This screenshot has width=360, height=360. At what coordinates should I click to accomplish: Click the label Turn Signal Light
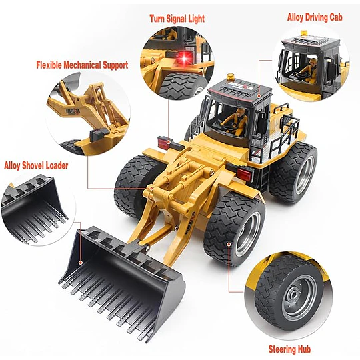pyautogui.click(x=177, y=19)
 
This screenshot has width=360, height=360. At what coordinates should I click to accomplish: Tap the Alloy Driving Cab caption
pyautogui.click(x=315, y=17)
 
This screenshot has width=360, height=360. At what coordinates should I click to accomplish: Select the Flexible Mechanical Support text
pyautogui.click(x=82, y=65)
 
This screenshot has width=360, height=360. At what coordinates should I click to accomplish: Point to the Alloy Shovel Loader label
pyautogui.click(x=36, y=165)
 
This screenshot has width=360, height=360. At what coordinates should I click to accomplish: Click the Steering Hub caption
pyautogui.click(x=289, y=349)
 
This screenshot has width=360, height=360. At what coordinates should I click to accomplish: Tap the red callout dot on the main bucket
pyautogui.click(x=81, y=263)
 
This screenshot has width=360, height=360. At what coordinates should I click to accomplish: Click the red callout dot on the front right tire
pyautogui.click(x=229, y=244)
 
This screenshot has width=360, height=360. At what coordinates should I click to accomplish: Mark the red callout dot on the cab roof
pyautogui.click(x=259, y=96)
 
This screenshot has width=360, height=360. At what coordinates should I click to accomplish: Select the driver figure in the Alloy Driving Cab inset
pyautogui.click(x=309, y=71)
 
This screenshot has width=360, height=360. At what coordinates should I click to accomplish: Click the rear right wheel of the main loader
pyautogui.click(x=294, y=171)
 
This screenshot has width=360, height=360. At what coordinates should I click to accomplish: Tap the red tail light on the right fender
pyautogui.click(x=244, y=174)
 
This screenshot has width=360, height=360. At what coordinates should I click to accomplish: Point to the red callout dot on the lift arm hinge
pyautogui.click(x=151, y=188)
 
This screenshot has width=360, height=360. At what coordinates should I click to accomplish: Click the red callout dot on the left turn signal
pyautogui.click(x=169, y=143)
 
